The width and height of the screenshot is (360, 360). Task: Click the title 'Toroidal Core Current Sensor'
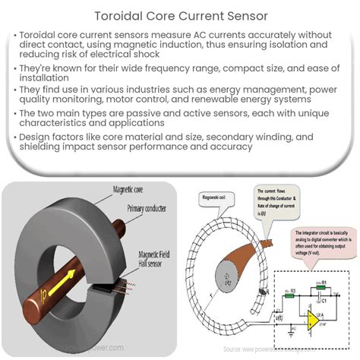point(180,15)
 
